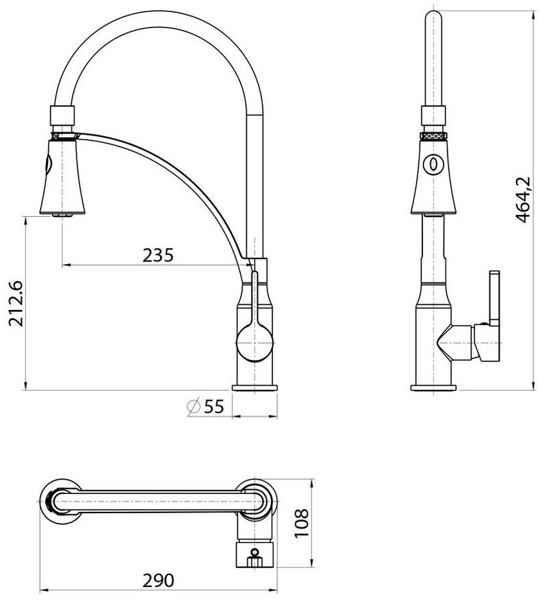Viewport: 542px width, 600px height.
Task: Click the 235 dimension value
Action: point(158,255)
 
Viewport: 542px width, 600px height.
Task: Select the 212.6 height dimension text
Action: point(16,304)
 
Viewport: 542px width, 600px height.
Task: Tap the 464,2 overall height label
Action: point(522,199)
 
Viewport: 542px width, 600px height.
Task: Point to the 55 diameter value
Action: point(214,406)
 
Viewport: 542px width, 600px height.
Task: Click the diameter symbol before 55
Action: point(194,406)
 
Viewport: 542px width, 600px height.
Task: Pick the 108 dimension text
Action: point(302,523)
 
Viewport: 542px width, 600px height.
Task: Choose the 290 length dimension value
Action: point(158,580)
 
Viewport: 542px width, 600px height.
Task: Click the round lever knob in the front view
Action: point(255,342)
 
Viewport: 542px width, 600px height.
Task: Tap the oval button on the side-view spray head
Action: point(433,164)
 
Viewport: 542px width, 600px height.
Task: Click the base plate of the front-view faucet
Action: point(255,388)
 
